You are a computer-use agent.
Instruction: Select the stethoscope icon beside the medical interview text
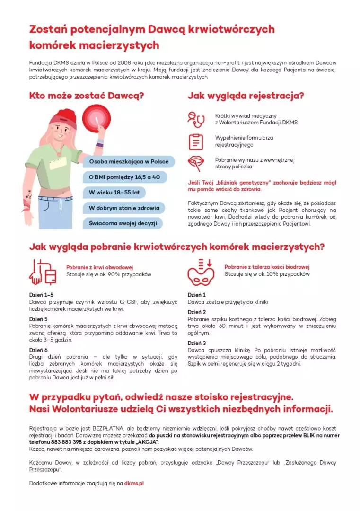click(x=195, y=120)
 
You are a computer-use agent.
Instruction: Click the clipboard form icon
click(x=195, y=141)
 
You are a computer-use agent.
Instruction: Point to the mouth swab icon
click(x=195, y=163)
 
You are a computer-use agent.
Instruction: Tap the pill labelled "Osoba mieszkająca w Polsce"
click(x=129, y=161)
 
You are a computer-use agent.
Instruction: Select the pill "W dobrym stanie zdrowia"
click(x=124, y=208)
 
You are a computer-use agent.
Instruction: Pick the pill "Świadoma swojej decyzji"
click(x=123, y=223)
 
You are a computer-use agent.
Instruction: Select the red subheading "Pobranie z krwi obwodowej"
click(x=99, y=267)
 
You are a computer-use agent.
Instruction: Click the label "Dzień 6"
click(x=38, y=350)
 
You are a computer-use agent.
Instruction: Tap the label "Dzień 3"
click(x=197, y=343)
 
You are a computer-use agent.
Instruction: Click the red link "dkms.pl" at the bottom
click(x=134, y=483)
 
